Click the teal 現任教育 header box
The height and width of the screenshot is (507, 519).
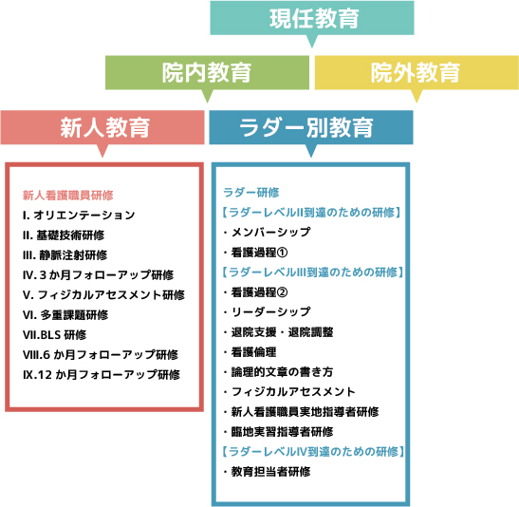(312, 18)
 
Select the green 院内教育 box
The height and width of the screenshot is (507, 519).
(207, 72)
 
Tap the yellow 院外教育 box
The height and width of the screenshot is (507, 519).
(417, 72)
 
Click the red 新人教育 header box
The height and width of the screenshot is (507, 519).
(102, 127)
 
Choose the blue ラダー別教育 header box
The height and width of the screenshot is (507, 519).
(311, 127)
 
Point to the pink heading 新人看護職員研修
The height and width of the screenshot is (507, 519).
(68, 196)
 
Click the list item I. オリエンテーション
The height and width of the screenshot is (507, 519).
(79, 216)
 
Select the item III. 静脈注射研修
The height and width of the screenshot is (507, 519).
(65, 255)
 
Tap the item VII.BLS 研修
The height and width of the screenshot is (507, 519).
(55, 335)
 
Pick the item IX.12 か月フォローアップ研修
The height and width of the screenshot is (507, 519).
(102, 374)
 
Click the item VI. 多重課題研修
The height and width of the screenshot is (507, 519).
(65, 315)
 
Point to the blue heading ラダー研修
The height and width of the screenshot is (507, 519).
(251, 193)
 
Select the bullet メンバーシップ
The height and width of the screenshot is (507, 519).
(268, 233)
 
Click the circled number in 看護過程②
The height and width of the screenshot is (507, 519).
(282, 292)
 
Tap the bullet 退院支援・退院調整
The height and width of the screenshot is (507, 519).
(278, 332)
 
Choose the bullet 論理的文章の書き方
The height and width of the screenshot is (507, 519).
(278, 372)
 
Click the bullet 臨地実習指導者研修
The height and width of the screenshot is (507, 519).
(278, 432)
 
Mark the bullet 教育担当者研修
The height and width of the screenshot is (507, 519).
(268, 472)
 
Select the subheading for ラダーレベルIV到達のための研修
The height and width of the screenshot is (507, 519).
(313, 452)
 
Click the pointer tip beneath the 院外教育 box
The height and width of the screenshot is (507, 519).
(417, 103)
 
